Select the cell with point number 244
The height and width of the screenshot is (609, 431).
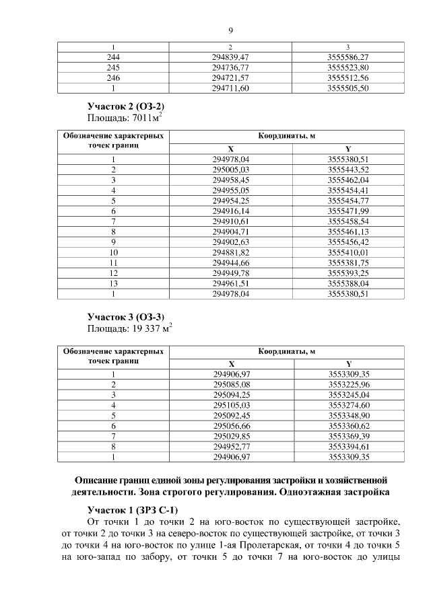click(x=113, y=59)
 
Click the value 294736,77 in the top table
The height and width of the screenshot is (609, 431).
click(x=230, y=68)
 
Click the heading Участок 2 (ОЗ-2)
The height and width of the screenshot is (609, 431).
click(x=126, y=107)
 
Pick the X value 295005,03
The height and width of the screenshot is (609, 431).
click(x=230, y=169)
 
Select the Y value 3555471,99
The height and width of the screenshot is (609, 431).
click(x=347, y=211)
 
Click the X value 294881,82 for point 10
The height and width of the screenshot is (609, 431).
click(x=230, y=252)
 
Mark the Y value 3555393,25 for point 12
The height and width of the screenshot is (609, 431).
click(x=347, y=273)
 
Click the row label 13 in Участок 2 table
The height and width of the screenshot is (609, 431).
click(x=113, y=284)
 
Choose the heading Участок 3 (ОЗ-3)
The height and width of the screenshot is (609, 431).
click(x=126, y=316)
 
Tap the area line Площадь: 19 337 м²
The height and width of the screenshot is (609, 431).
click(x=130, y=328)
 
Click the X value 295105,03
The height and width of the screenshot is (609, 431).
click(x=230, y=405)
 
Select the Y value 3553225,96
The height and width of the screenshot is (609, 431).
click(x=347, y=384)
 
